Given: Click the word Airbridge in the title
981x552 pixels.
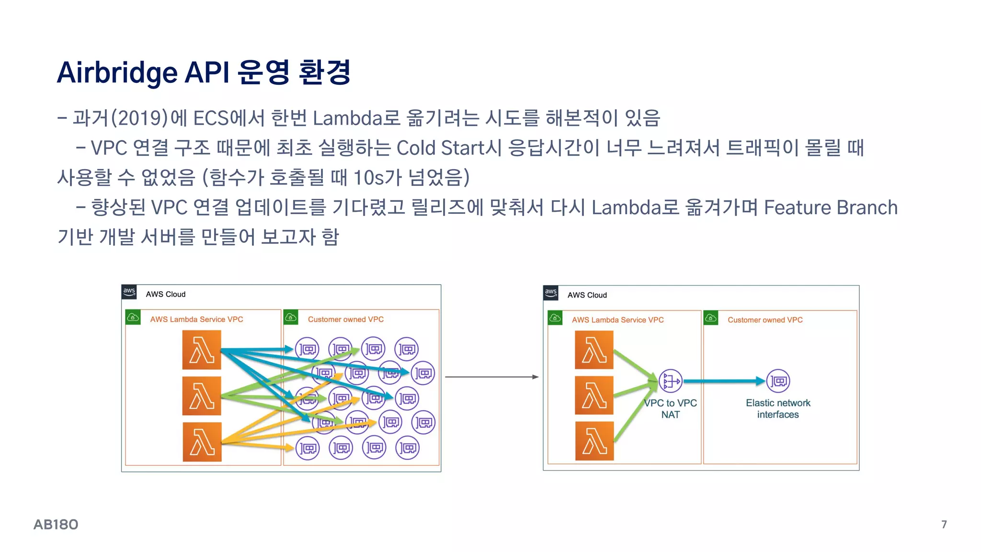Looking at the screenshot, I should [117, 73].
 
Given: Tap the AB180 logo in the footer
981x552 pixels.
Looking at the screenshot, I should [56, 525].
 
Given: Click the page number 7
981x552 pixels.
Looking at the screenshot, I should [944, 525].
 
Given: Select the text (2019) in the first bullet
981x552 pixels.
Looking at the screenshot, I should [139, 118].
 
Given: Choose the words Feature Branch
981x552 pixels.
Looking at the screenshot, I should [830, 207].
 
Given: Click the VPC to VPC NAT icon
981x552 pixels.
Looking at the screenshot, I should [670, 381].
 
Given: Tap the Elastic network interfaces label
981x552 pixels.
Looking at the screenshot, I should [778, 409].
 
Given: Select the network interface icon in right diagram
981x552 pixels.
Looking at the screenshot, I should [778, 381].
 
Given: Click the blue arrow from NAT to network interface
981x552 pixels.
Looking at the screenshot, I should [723, 381].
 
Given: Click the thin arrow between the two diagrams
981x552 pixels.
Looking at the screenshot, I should [491, 377].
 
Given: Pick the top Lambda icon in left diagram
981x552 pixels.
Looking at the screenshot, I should [202, 350].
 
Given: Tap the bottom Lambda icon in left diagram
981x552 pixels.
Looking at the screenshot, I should [202, 442].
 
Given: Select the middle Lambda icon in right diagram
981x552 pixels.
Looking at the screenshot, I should [594, 395].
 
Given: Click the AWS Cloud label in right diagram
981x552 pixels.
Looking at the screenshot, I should [587, 295].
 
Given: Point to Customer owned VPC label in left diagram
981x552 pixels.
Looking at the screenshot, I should [345, 319].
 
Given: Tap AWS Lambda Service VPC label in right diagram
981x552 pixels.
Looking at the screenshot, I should [617, 320].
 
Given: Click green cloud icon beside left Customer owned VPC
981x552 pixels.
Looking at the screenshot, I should [291, 317].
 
